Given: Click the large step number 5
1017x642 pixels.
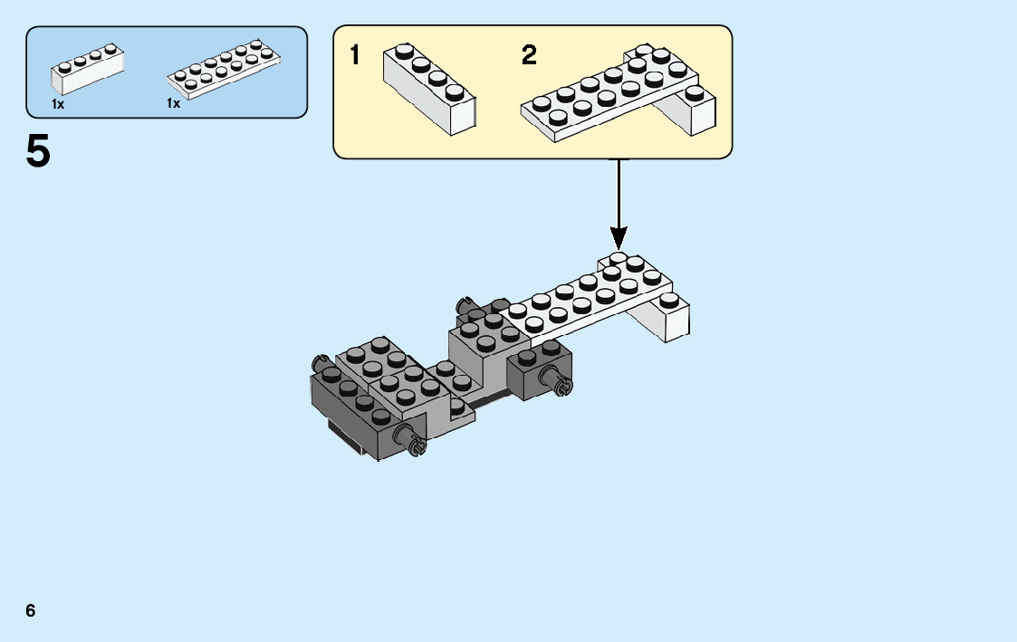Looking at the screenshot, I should coord(39,151).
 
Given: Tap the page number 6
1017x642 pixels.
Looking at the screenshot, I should coord(31,610).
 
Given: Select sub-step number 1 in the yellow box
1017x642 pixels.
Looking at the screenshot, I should coord(355,56).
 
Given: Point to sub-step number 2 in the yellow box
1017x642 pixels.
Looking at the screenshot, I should coord(529,56).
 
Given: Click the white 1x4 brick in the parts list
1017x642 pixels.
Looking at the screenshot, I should coord(88,70).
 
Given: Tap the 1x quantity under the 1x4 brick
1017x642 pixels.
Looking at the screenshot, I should coord(58,104).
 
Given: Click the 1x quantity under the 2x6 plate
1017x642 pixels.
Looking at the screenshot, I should coord(174,104).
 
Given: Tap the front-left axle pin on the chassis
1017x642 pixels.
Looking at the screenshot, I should coord(416,444).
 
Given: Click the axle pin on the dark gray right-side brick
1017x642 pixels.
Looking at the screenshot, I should coord(560,384).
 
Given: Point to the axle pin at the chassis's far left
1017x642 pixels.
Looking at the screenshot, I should coord(319,359).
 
